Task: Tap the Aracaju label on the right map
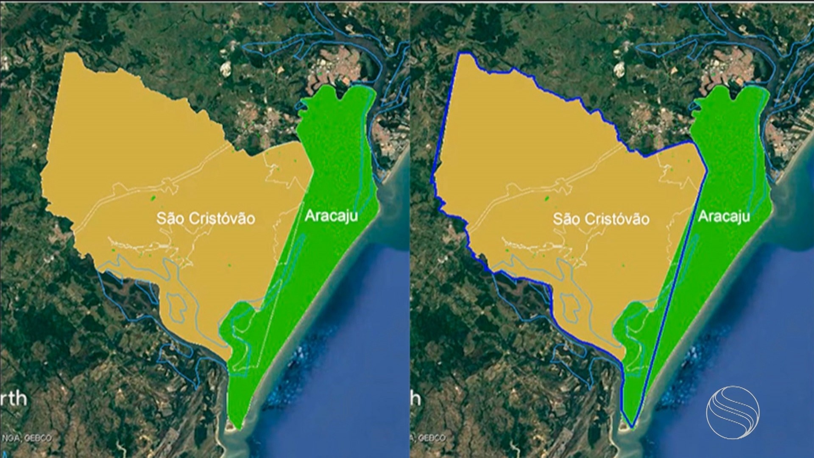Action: click(724, 216)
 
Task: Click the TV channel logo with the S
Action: click(733, 412)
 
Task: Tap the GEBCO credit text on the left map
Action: click(38, 438)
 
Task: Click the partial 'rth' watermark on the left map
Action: click(14, 399)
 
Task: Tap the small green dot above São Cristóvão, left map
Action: click(153, 198)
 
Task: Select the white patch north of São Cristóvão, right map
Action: click(620, 68)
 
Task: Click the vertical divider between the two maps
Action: click(409, 229)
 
